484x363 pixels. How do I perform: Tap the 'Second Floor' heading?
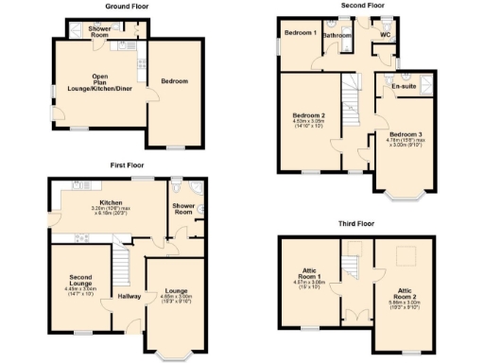coord(363,6)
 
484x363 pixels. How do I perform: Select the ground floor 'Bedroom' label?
coord(175,81)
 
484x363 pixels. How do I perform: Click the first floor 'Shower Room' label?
coord(182,209)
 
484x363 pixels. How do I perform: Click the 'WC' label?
coord(385,35)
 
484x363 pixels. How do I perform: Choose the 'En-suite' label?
coord(406,86)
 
